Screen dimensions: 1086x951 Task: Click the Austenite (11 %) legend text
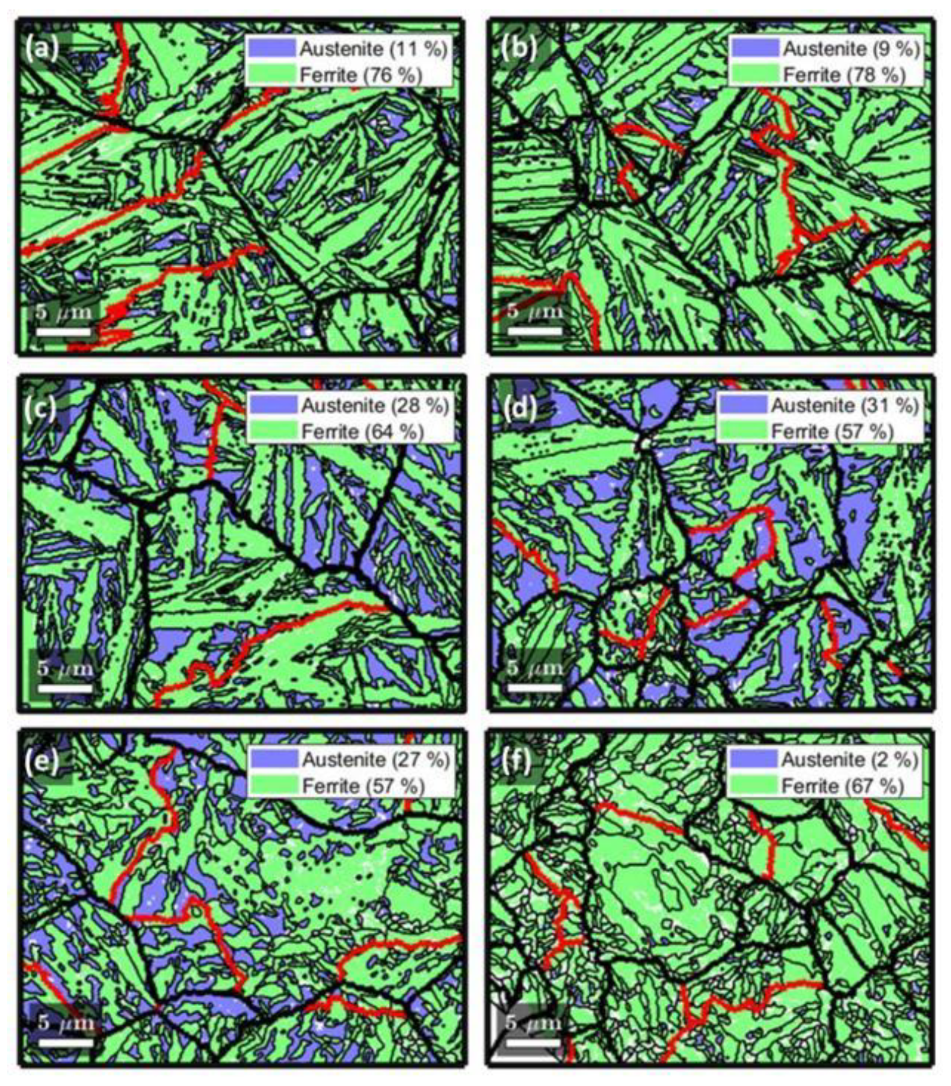point(373,49)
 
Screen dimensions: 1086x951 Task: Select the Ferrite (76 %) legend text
point(361,75)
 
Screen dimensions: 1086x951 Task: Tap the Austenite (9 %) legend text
point(851,49)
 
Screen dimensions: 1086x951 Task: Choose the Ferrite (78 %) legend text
point(844,75)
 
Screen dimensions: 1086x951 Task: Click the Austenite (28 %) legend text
point(375,405)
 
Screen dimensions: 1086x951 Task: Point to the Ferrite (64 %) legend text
point(363,432)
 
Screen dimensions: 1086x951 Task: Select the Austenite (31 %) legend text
point(845,405)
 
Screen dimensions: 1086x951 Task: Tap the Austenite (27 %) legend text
point(376,759)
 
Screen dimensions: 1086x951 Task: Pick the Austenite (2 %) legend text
point(850,759)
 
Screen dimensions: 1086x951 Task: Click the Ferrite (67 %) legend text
point(843,786)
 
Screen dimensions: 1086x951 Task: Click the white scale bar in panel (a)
point(63,332)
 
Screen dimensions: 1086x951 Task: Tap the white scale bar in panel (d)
point(534,688)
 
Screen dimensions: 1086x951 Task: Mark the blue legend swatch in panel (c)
point(273,405)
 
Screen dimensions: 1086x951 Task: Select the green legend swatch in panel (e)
point(273,786)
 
